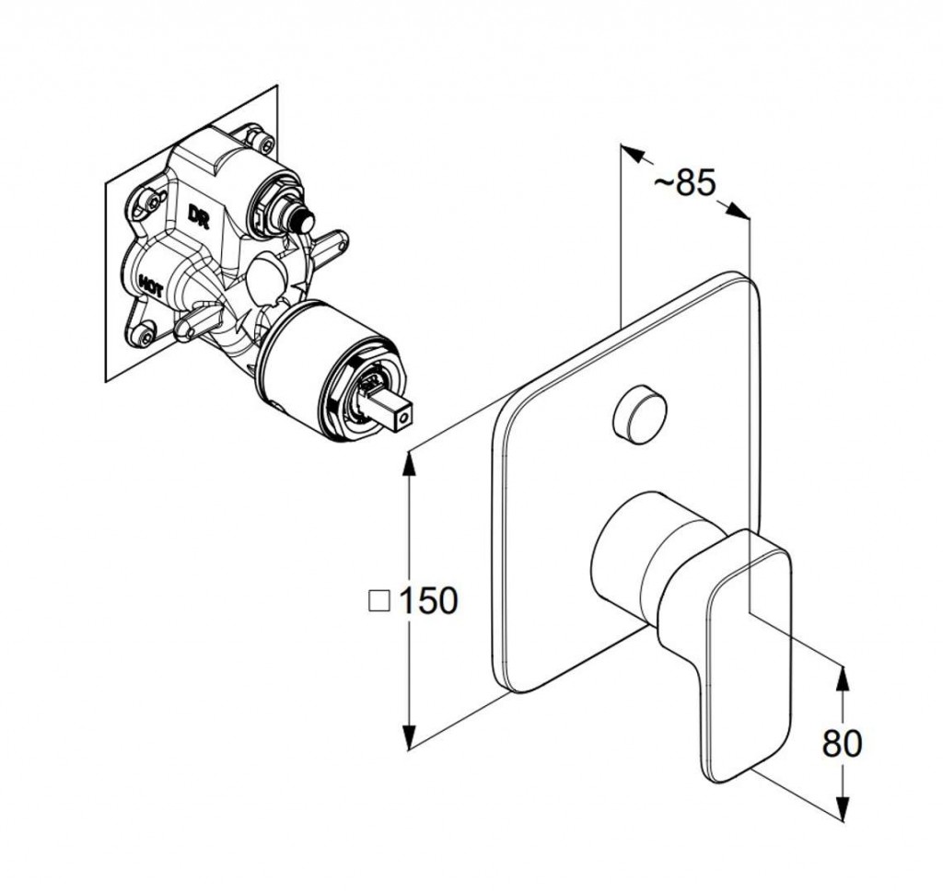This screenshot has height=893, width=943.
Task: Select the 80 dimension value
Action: pos(842,743)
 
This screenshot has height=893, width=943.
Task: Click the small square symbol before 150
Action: pos(378,601)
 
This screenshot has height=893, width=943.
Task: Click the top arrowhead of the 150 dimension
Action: pos(409,464)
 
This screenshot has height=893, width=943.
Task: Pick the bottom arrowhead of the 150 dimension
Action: pos(409,736)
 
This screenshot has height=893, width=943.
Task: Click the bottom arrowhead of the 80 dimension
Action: pos(844,806)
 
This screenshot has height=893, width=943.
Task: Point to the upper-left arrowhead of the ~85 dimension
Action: pos(632,154)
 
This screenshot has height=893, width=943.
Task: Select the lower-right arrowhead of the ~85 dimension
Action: pos(738,211)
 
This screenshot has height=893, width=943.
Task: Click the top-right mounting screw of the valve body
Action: pos(264,142)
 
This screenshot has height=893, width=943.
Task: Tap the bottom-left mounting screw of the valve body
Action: pos(145,335)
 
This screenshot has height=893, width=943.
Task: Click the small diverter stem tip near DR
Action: pos(302,224)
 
